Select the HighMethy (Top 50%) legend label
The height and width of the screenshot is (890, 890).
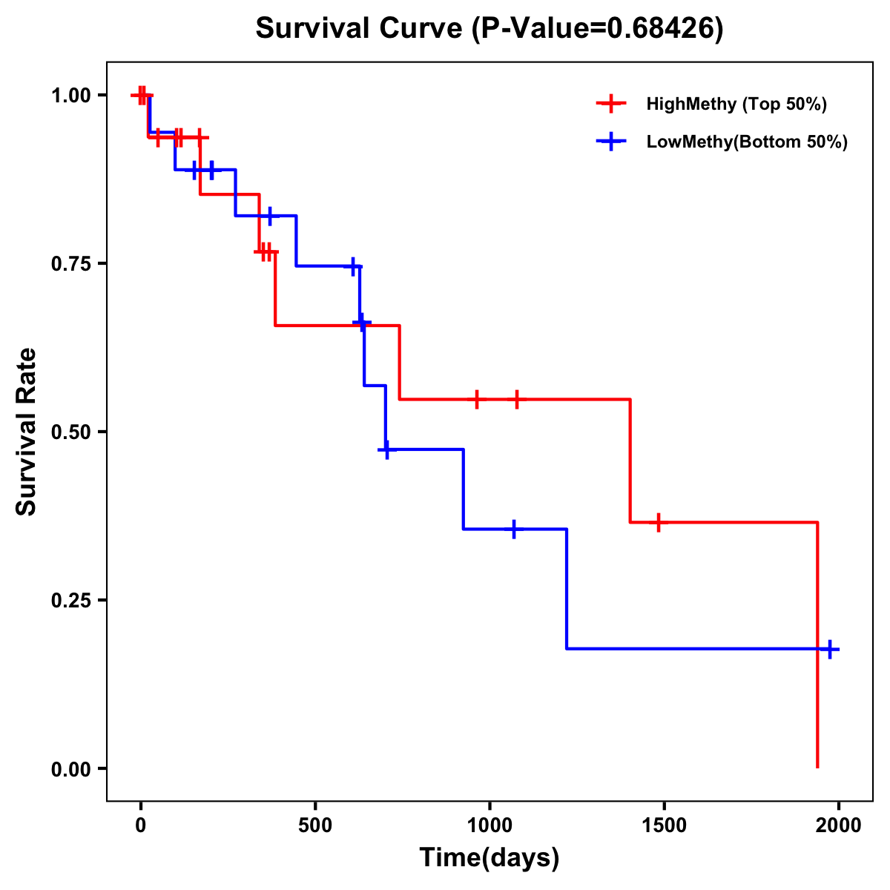(x=736, y=104)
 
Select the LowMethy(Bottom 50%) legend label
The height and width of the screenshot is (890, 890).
(x=747, y=142)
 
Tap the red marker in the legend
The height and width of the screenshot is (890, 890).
(x=610, y=104)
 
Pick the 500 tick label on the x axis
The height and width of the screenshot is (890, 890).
(x=315, y=825)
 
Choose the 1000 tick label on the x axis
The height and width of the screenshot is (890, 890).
(x=489, y=825)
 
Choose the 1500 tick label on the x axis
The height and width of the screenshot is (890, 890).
(x=664, y=825)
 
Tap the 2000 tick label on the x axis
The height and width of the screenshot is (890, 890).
(x=839, y=825)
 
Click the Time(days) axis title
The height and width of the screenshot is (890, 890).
(x=489, y=858)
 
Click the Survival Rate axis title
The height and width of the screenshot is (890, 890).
(x=27, y=432)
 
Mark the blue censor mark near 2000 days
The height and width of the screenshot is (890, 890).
(x=830, y=649)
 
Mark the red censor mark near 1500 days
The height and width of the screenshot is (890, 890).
(x=657, y=522)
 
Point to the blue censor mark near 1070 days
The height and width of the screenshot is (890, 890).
(x=513, y=529)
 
